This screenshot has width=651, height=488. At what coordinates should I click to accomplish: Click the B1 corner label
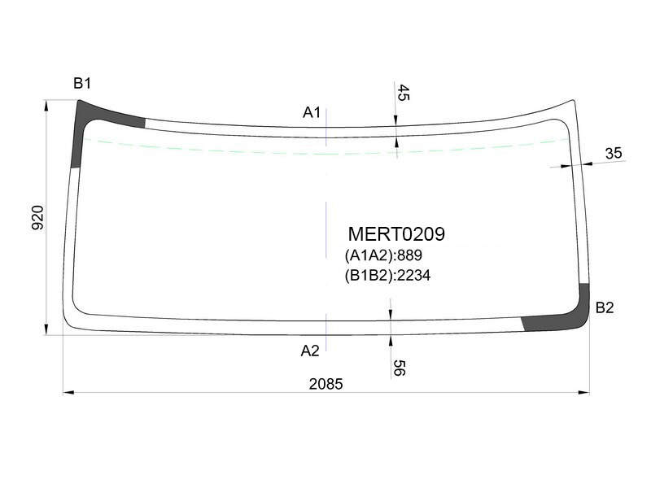82,84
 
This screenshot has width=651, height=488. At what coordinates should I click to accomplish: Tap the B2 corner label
604,307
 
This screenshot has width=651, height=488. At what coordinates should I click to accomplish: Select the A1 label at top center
312,112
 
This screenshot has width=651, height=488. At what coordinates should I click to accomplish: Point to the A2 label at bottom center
310,351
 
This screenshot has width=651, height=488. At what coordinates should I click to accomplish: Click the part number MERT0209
396,234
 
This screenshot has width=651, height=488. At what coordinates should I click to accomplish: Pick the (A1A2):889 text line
383,255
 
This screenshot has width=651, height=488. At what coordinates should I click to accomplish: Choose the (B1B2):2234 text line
387,275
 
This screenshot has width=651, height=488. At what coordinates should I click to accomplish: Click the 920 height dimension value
37,217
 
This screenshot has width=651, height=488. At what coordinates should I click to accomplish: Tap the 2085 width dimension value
325,384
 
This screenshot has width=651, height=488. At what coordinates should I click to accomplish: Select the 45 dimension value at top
403,93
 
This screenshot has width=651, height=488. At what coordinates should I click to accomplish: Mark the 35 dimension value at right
614,153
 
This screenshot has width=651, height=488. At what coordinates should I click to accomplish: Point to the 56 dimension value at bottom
398,368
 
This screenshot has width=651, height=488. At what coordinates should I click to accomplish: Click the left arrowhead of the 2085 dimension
68,392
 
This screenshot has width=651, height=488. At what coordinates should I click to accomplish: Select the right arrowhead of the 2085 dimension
583,392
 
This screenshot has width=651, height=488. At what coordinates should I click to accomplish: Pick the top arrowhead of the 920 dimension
46,106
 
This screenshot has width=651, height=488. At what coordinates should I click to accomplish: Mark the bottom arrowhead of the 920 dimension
46,329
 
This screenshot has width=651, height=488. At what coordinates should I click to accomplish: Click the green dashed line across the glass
326,153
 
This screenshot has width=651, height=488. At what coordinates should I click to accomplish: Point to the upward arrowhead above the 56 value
391,341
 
